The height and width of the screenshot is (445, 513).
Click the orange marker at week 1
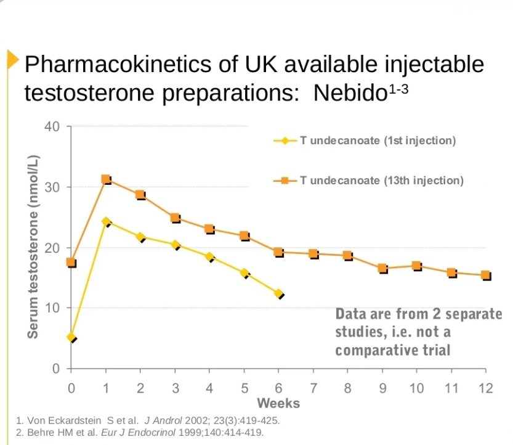pos(105,179)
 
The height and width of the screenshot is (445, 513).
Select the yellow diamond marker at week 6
pos(279,294)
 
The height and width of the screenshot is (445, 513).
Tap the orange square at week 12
pos(486,276)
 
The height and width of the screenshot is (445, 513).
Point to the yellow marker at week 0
pos(71,337)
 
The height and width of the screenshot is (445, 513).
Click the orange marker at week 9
pos(382,269)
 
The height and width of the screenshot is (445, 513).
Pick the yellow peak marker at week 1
pos(106,221)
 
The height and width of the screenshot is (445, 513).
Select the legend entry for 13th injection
pos(369,181)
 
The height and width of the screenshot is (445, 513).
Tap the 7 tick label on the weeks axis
pos(313,388)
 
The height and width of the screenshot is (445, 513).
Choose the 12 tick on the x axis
pos(485,388)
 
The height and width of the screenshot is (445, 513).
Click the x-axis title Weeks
pos(278,404)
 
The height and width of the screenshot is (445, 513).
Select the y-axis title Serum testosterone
pos(33,247)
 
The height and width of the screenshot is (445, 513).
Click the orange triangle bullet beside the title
pos(12,60)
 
